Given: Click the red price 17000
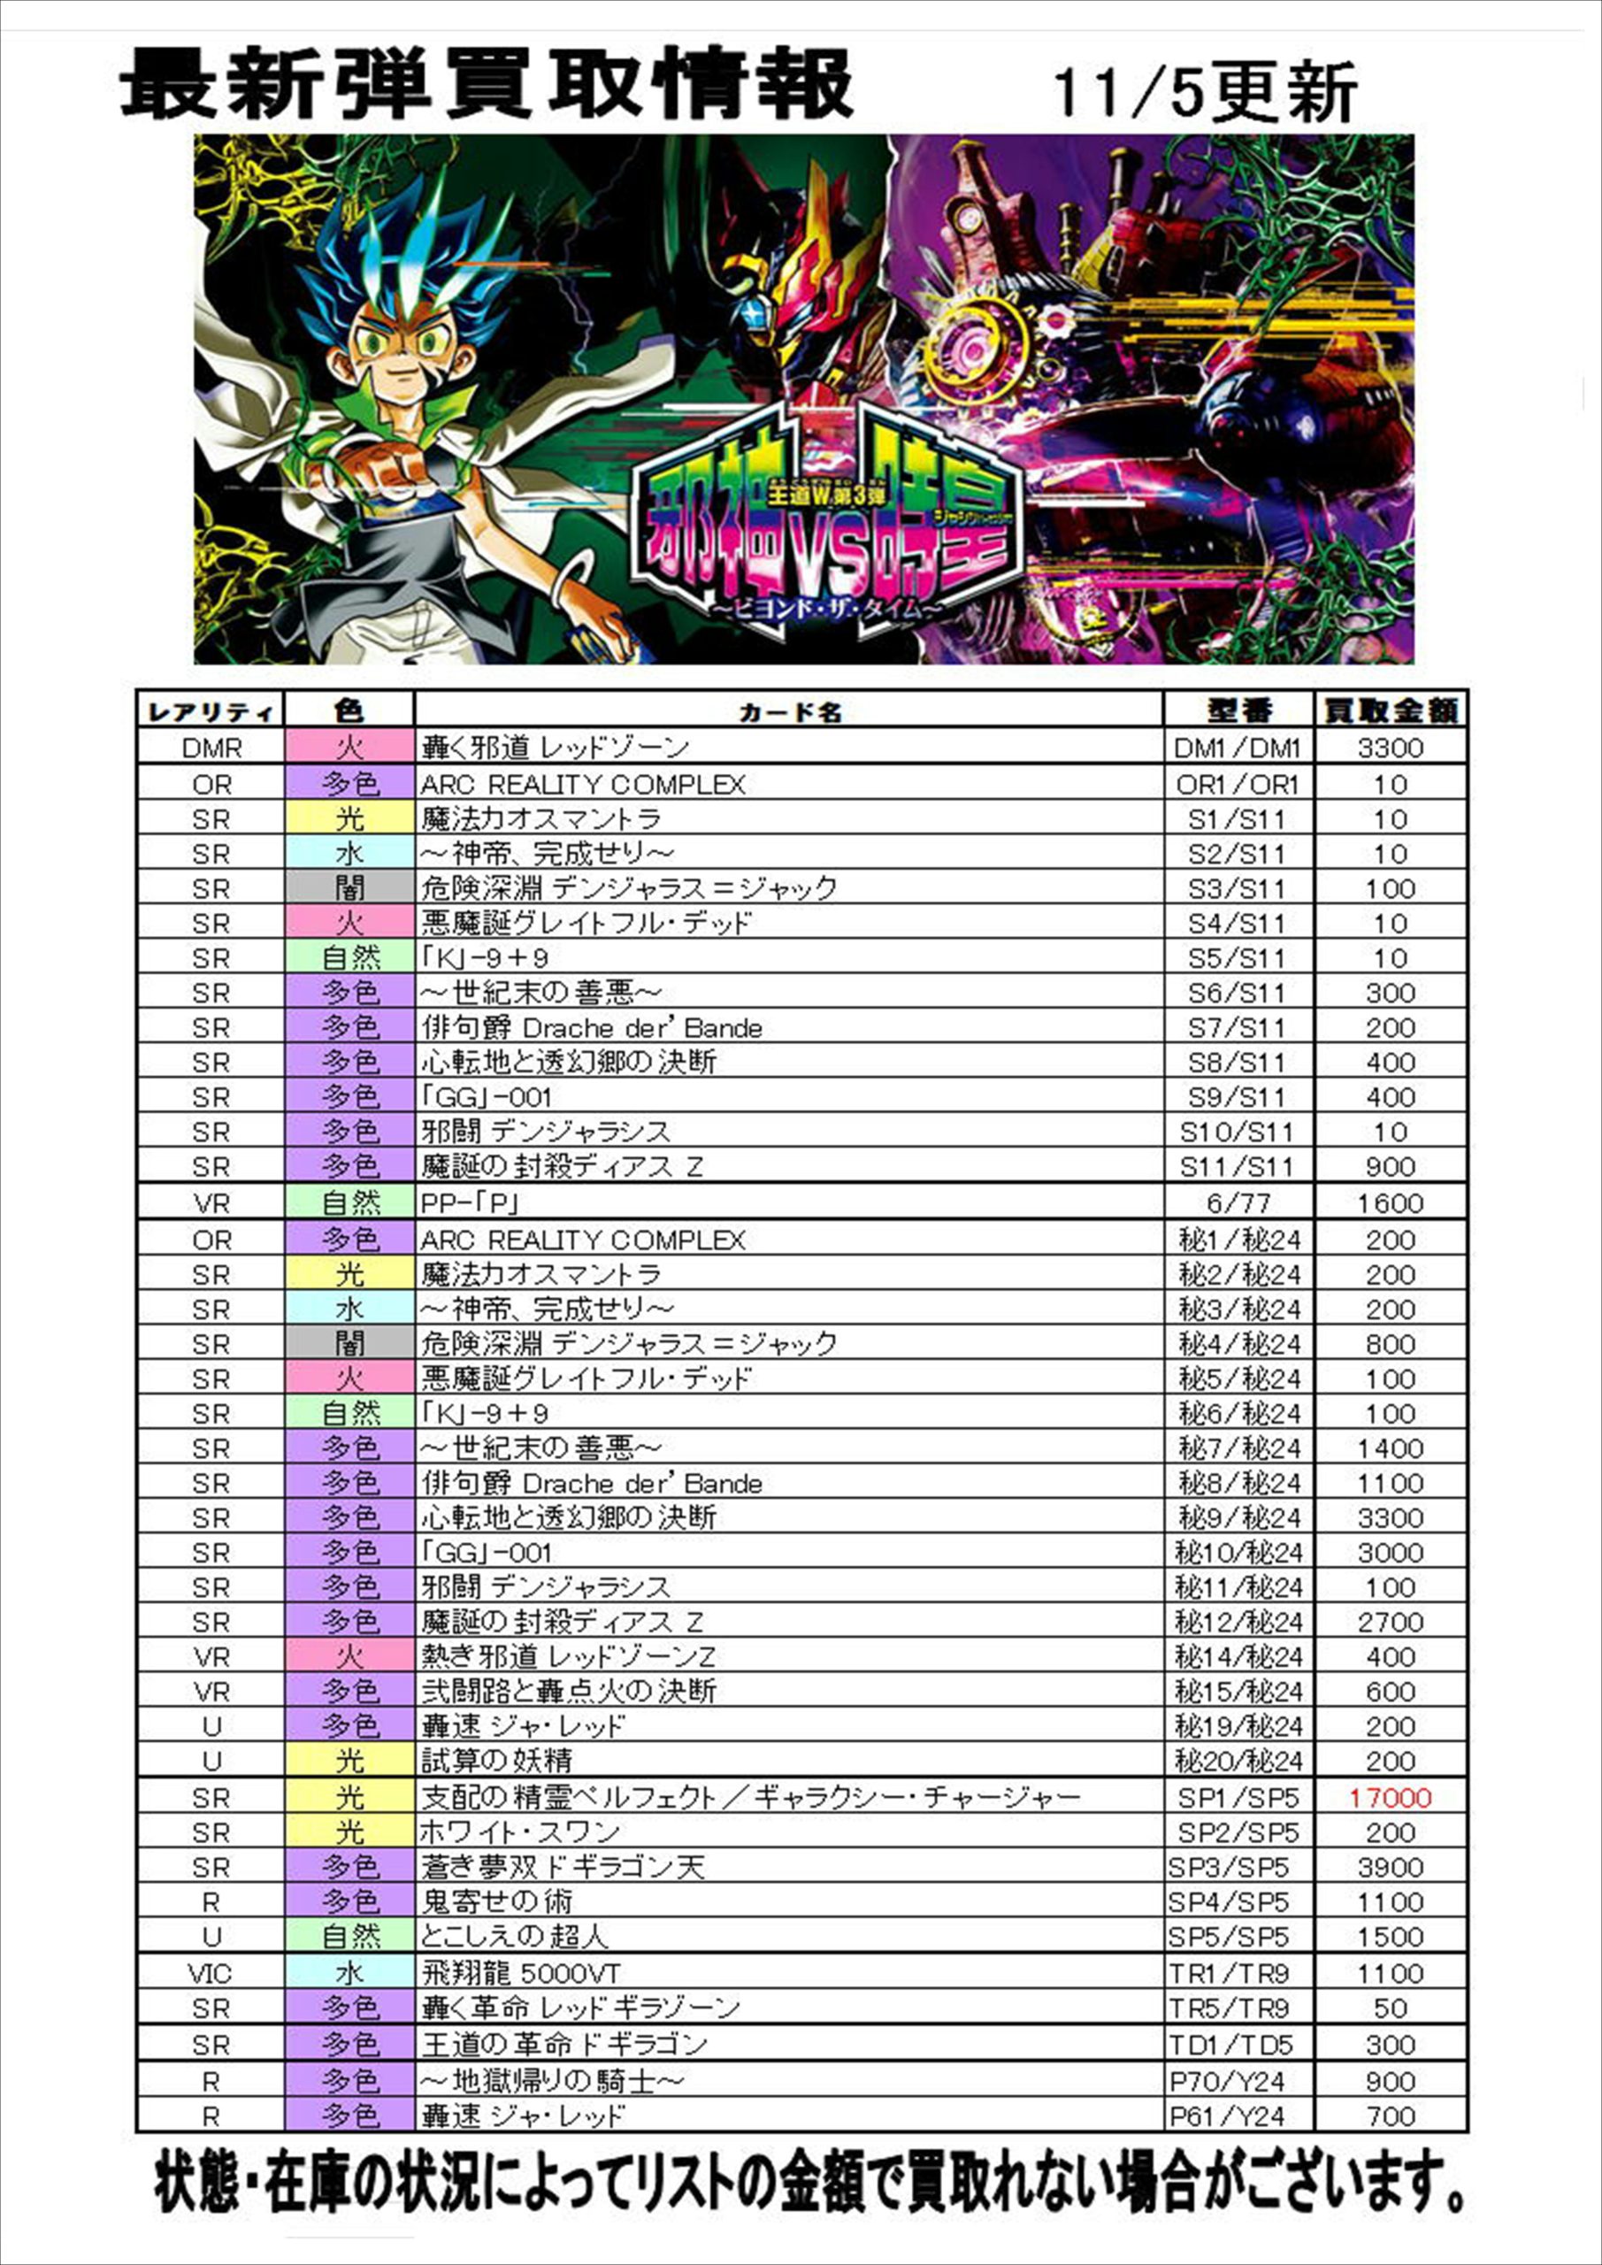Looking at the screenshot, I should pos(1389,1797).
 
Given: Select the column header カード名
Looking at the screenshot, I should pos(789,711).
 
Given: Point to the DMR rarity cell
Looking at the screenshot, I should pos(211,748).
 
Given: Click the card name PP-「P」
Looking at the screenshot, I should pos(470,1203).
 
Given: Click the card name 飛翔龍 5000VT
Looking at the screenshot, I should pos(521,1973).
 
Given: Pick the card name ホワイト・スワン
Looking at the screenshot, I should pos(521,1832).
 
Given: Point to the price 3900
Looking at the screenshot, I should pos(1389,1868).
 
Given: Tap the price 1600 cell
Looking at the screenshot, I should pos(1389,1203).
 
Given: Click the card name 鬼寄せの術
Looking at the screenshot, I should pos(496,1902).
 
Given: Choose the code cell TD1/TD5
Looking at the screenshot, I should pos(1229,2045).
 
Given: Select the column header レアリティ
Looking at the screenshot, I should pos(211,711).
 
